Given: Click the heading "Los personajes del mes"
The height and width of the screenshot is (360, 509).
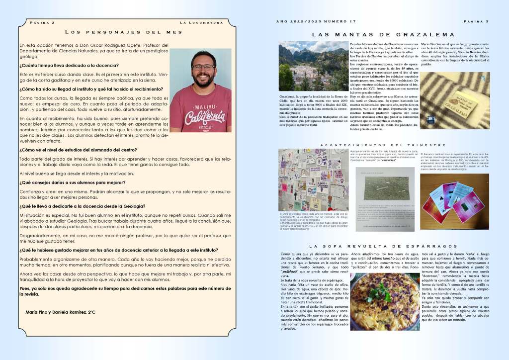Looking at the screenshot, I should click(x=124, y=32).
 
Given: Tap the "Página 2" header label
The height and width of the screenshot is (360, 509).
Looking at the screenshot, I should click(x=42, y=23).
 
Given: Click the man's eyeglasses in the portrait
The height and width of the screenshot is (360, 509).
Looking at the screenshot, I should click(x=203, y=67).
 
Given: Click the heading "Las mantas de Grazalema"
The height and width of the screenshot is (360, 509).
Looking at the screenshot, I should click(x=383, y=35).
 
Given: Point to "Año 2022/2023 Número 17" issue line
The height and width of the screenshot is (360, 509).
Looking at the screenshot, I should click(x=316, y=21).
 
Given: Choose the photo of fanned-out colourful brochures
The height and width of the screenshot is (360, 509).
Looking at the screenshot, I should click(x=454, y=198).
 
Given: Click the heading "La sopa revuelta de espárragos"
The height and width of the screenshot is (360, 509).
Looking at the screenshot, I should click(x=383, y=247).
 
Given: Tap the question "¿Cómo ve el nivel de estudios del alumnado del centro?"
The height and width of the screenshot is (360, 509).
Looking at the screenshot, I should click(x=78, y=150).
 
